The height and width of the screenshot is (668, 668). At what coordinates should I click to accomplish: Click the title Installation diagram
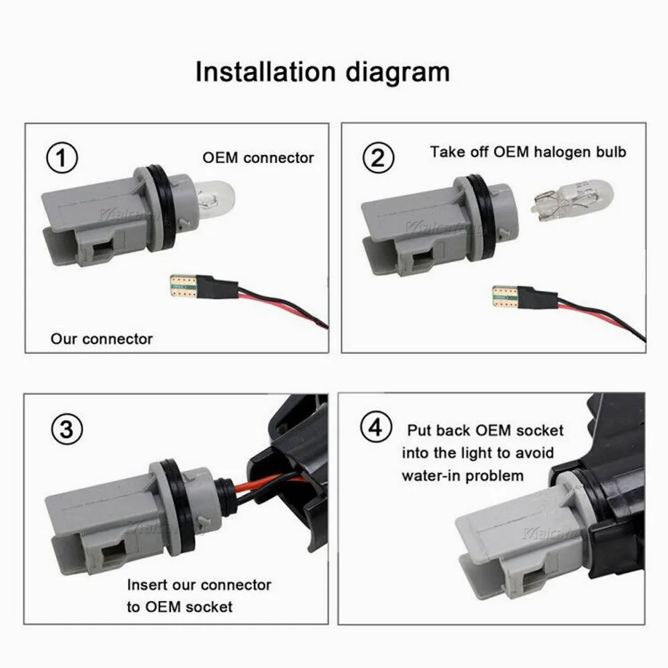[322, 71]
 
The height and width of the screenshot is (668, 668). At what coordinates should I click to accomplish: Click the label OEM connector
[258, 158]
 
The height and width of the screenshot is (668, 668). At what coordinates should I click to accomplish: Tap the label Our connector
[102, 339]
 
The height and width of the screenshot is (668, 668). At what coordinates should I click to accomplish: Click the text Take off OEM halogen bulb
[528, 152]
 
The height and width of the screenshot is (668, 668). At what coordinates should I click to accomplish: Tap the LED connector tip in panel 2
[504, 295]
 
